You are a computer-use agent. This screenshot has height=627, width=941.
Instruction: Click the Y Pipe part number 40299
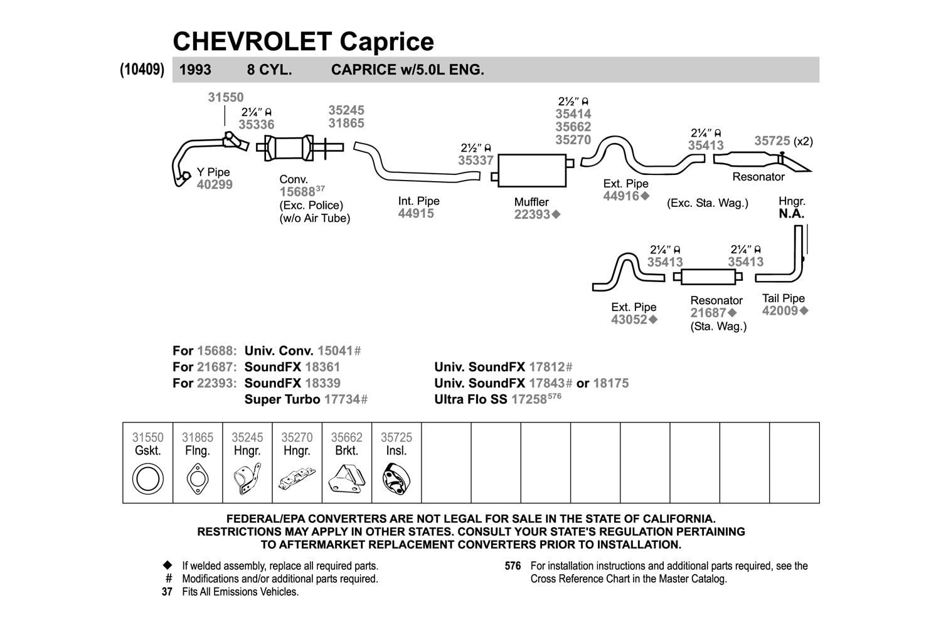215,184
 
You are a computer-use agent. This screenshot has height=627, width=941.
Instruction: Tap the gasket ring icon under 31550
147,480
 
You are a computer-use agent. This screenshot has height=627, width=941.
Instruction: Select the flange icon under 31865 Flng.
197,480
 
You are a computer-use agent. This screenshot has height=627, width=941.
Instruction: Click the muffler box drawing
532,170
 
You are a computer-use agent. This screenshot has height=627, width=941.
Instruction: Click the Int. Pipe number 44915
416,213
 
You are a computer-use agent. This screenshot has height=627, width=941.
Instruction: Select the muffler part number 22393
532,214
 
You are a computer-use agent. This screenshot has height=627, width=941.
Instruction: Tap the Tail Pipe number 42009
780,310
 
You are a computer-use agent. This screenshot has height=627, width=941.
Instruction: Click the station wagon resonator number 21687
708,313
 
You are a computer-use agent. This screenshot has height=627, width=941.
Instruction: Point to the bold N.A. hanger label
791,213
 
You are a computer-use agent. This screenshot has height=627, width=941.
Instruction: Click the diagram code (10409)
142,70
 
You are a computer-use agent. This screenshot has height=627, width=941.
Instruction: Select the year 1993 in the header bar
195,70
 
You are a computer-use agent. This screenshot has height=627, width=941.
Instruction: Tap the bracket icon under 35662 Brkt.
346,480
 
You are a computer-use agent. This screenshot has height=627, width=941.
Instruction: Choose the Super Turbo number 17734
342,399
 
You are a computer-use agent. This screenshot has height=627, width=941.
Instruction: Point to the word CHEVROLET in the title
252,41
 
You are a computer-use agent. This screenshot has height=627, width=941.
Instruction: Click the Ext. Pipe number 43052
629,320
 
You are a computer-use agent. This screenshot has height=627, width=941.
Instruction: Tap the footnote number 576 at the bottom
513,566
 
